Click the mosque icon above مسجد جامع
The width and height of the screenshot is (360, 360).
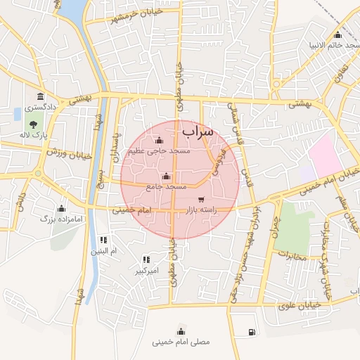click(x=166, y=176)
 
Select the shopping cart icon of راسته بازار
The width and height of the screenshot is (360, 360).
click(x=202, y=199)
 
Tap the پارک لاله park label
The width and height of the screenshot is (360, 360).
click(x=32, y=134)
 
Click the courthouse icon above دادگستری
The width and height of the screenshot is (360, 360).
click(x=39, y=96)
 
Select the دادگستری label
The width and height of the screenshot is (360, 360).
click(x=39, y=108)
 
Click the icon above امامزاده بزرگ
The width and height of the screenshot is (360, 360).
click(x=61, y=208)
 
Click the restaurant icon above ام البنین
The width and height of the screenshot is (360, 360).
click(x=103, y=240)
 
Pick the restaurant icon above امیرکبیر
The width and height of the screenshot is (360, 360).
click(x=146, y=259)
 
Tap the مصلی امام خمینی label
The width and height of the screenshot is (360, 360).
click(x=181, y=342)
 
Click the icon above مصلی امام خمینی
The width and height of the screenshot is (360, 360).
click(x=181, y=331)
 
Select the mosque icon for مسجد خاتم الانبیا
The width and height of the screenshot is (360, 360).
click(x=337, y=35)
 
